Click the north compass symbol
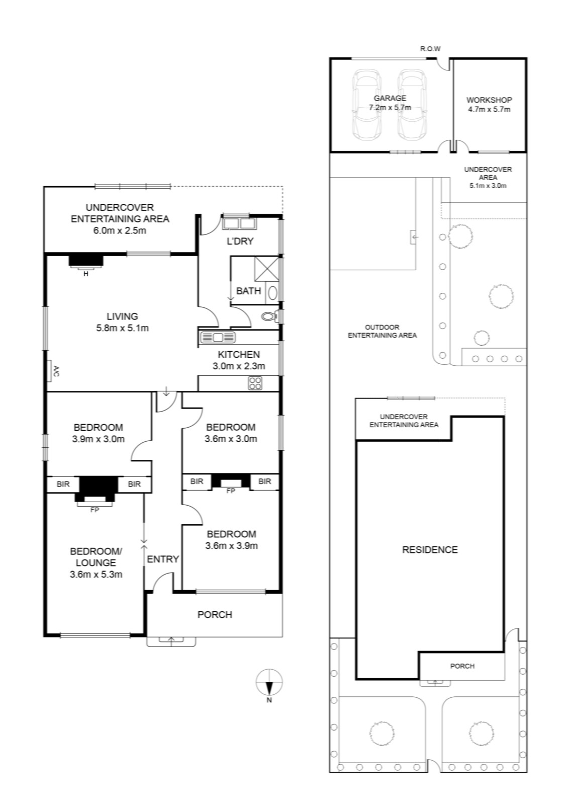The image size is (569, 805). pos(269,683)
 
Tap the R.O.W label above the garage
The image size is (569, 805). pos(430,49)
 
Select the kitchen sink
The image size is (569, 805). pos(218,337)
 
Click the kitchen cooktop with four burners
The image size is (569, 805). pos(255,383)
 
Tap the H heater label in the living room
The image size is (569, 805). pos(86,274)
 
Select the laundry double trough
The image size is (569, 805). pos(239,223)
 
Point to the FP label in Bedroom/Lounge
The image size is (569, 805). pos(94,510)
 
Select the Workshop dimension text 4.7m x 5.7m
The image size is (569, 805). pos(489,109)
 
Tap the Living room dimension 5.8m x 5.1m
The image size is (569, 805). pos(122,328)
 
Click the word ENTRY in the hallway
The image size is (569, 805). pos(163,559)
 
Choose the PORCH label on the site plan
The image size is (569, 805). pos(462,666)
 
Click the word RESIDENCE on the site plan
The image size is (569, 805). pos(430,550)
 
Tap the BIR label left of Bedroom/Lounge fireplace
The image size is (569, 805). pos(63,484)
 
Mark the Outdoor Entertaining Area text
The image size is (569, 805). pos(382,331)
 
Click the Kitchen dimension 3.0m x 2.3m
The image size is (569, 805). pos(239,366)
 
